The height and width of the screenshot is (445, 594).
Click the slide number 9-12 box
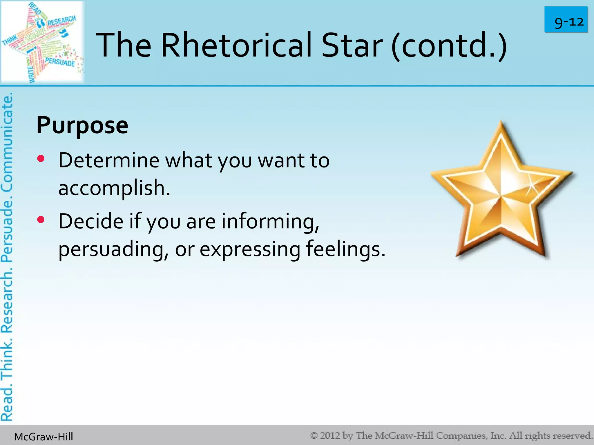click(x=566, y=20)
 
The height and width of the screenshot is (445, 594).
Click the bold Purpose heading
click(x=82, y=125)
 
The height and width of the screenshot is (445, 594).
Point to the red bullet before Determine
click(x=41, y=158)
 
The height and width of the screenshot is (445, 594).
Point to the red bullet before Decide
click(x=41, y=220)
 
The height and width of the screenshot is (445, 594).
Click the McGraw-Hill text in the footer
click(x=44, y=437)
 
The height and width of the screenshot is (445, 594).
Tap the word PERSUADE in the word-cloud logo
click(x=60, y=62)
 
